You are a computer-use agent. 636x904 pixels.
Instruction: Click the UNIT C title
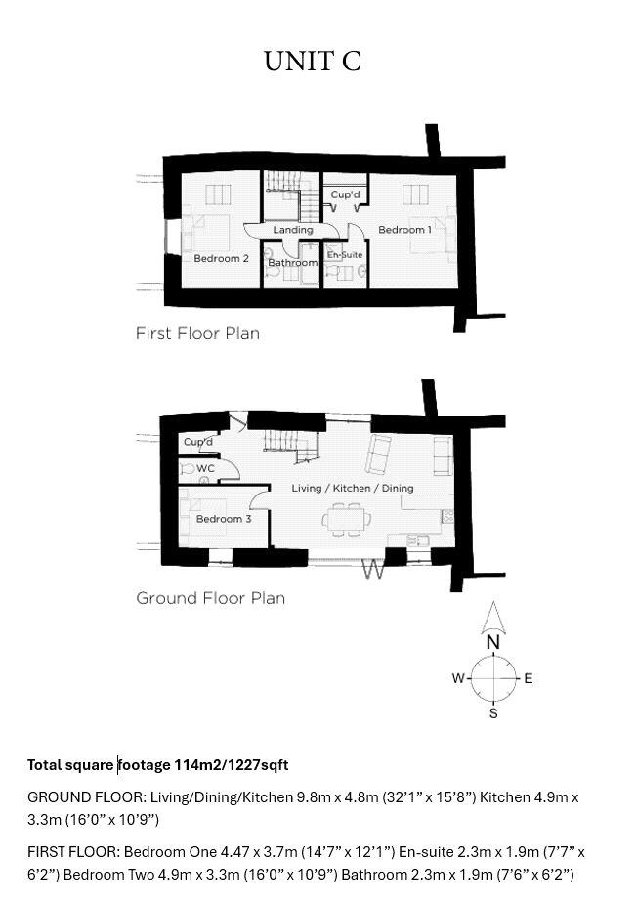point(313,61)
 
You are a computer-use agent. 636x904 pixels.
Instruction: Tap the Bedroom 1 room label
point(404,230)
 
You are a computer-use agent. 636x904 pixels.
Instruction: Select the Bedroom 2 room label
point(221,259)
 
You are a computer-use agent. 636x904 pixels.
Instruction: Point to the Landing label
point(292,230)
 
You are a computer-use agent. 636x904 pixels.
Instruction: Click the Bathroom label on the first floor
point(292,263)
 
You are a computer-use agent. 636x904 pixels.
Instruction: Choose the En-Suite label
point(345,255)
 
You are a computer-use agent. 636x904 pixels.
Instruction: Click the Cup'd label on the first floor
point(345,195)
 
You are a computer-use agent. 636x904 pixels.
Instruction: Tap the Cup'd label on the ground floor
point(198,443)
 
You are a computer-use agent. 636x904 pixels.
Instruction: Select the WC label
point(205,469)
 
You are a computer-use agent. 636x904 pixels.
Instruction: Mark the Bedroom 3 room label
point(224,519)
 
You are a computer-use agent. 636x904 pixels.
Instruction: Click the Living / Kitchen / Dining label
point(353,488)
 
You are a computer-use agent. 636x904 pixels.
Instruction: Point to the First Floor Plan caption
point(197,333)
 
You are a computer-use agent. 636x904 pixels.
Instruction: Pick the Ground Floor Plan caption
point(210,598)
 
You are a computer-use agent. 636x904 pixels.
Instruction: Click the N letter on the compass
point(493,643)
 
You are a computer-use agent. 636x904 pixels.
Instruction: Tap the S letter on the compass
point(493,713)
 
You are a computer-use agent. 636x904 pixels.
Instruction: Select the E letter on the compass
point(529,678)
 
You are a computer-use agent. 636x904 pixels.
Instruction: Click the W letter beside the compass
point(457,678)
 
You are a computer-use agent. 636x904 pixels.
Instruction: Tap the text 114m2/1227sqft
point(231,765)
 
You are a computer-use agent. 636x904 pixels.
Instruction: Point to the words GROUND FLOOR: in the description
point(86,797)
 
